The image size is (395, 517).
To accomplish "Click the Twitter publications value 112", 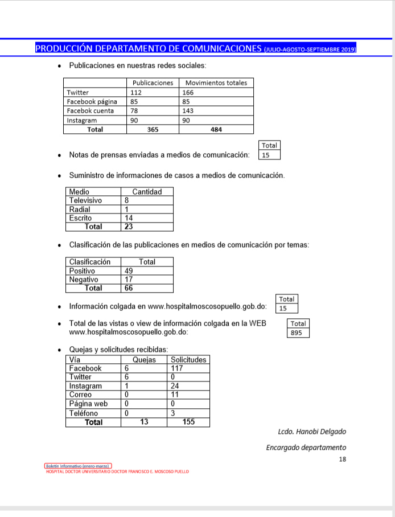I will (x=136, y=92).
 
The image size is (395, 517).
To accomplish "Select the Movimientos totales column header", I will (x=216, y=83).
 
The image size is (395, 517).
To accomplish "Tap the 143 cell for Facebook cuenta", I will (x=189, y=111).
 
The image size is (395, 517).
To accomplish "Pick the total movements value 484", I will (x=216, y=130).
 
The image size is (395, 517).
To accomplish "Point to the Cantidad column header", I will (x=147, y=192).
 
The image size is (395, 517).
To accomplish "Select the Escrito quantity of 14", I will (x=129, y=218).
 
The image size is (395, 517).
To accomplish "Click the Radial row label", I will (x=80, y=210).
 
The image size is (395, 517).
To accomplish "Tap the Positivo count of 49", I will (x=129, y=271).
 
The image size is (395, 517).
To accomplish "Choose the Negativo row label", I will (x=84, y=280).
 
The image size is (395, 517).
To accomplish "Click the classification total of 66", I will (x=129, y=288).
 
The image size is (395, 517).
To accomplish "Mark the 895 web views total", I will (x=297, y=333).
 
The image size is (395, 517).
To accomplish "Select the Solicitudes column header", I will (x=188, y=360).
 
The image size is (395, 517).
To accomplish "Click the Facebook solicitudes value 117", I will (x=178, y=368).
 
